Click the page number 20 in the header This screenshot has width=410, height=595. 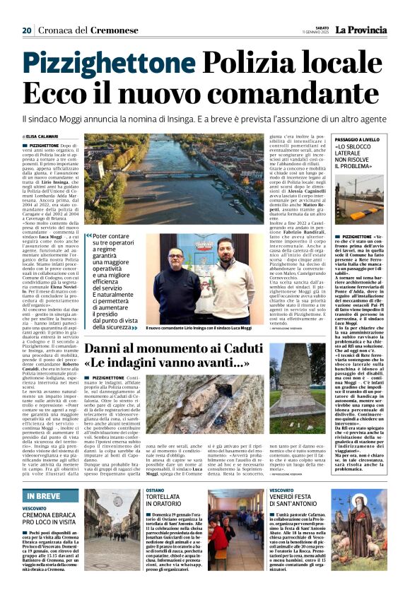click(26, 30)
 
